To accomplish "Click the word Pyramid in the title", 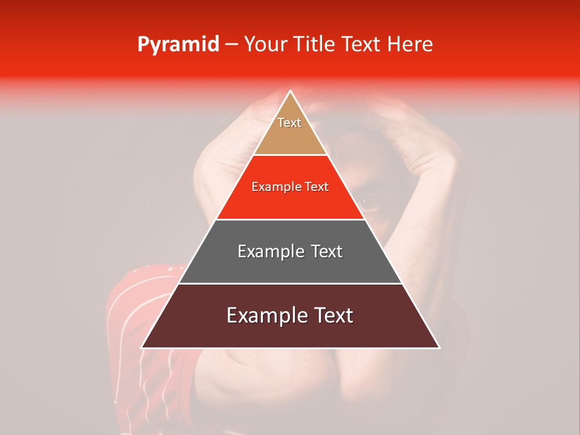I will [x=178, y=44].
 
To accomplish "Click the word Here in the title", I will [x=410, y=44].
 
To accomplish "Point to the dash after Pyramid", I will [x=231, y=45].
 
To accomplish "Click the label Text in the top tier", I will [x=289, y=123].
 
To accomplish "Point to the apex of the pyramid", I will [x=290, y=92].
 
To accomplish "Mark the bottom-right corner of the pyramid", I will [x=439, y=347].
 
